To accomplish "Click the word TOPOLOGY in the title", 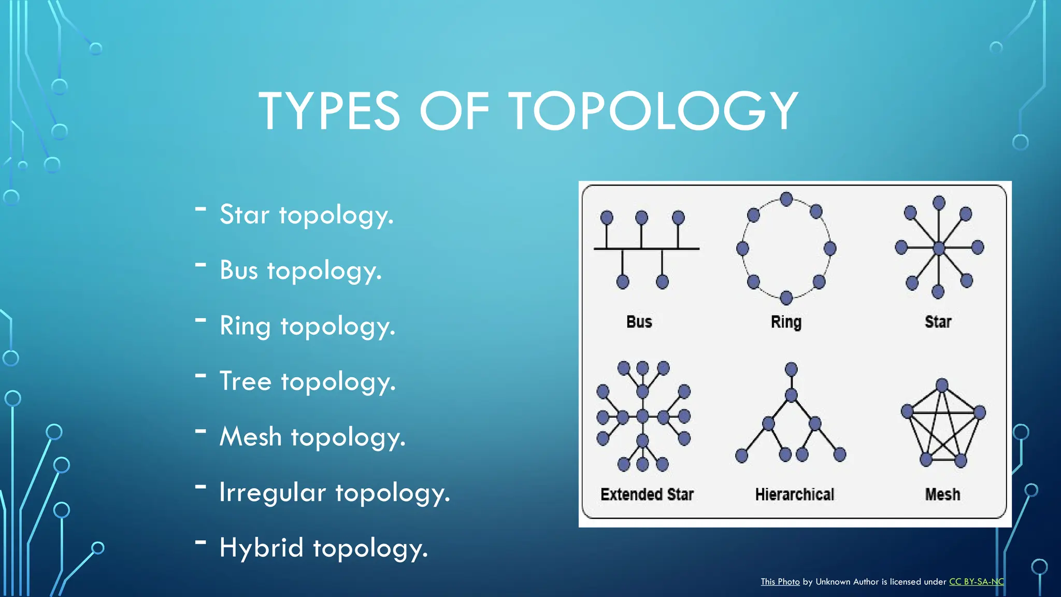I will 653,111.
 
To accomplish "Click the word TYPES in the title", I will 329,111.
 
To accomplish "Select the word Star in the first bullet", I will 245,215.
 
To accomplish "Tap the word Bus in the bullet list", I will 238,270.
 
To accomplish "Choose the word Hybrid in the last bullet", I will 261,548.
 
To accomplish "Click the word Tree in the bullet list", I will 246,381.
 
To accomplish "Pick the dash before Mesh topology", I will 200,431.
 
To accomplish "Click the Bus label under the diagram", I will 639,322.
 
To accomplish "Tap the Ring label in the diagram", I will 786,322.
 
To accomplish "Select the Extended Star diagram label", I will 647,494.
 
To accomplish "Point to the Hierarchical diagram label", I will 794,495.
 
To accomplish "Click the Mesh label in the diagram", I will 942,494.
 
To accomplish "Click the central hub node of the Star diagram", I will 939,248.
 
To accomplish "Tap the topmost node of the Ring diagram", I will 786,199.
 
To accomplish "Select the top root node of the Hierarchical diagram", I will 791,369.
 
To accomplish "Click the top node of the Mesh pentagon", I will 942,385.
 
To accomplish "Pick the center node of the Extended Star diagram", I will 642,416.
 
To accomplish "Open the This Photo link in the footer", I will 780,582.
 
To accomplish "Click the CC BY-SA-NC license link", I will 976,582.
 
